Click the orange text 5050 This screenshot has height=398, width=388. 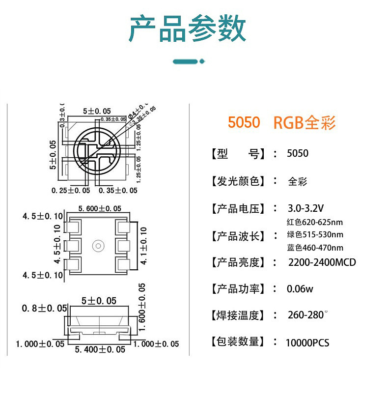[x=244, y=122]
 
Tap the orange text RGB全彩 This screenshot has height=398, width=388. [x=304, y=122]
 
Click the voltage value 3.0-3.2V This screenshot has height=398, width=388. [x=305, y=208]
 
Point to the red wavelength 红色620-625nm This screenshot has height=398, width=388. [x=314, y=222]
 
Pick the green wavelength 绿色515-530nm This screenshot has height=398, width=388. [x=315, y=235]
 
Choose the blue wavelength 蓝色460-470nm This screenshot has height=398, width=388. [x=315, y=248]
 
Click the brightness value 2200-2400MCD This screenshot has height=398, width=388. [x=322, y=262]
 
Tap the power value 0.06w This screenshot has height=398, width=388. [x=300, y=289]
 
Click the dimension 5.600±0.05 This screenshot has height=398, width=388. [x=100, y=209]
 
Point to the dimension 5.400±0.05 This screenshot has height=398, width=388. [x=99, y=349]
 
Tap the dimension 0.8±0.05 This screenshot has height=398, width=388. [x=44, y=308]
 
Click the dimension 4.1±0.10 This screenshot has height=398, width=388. [x=144, y=245]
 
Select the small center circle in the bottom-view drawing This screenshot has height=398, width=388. [x=98, y=245]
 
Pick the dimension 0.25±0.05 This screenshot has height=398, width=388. [x=71, y=190]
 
